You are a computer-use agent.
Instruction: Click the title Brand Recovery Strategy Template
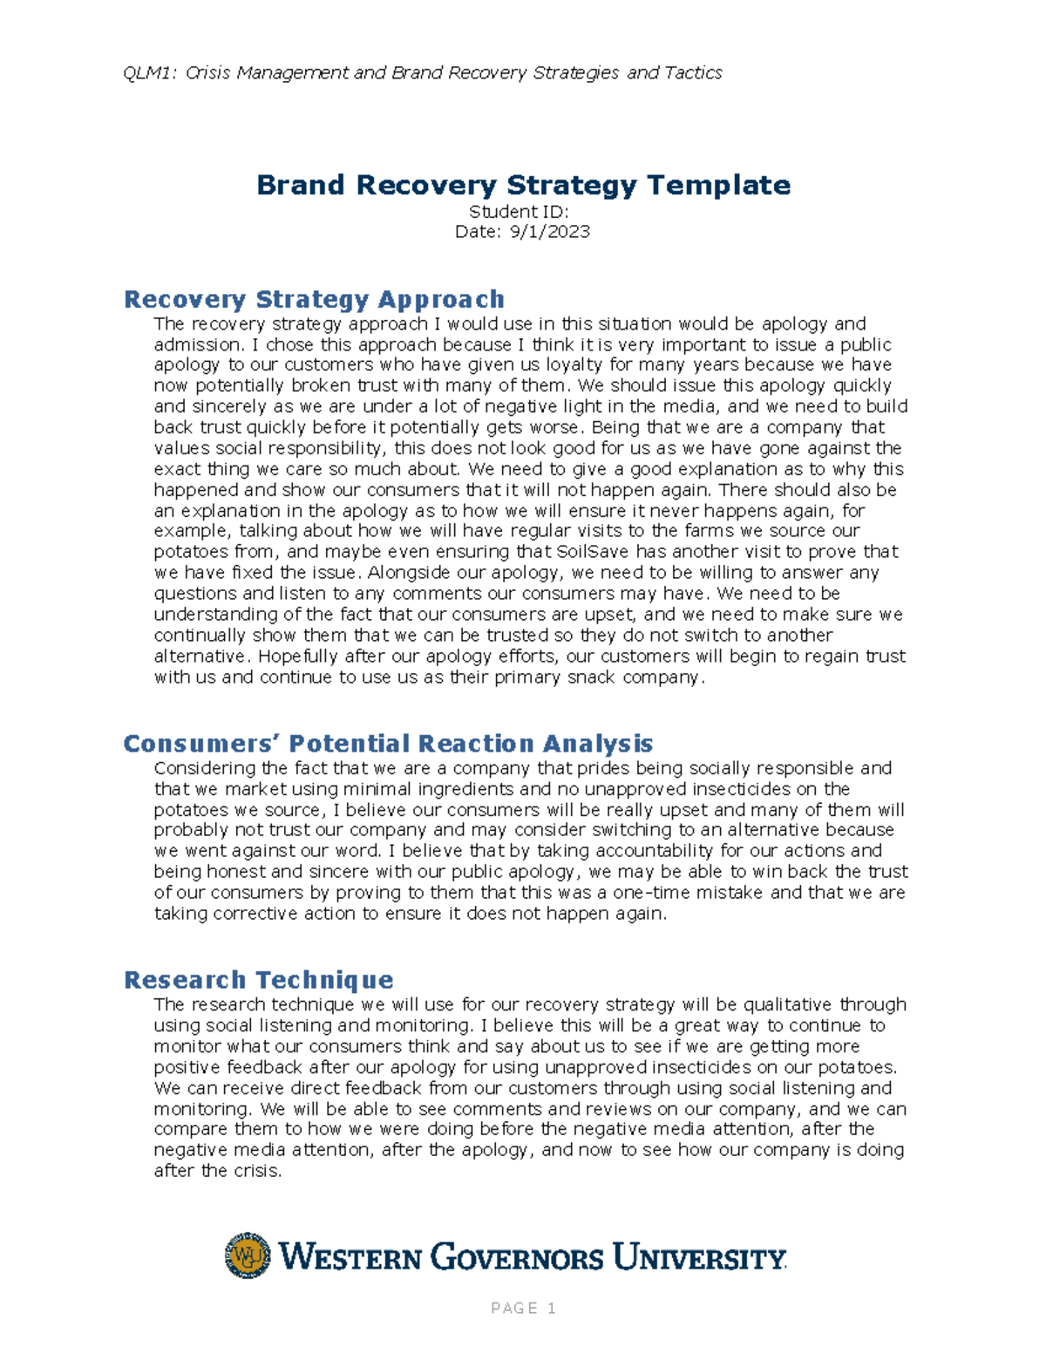523,185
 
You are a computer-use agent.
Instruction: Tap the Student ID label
519,212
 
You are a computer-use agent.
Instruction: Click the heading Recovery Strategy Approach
314,299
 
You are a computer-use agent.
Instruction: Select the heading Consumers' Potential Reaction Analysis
388,744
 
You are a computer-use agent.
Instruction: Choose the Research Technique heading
258,980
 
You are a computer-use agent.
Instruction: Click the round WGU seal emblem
248,1255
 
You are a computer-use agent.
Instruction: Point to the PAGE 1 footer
523,1308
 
